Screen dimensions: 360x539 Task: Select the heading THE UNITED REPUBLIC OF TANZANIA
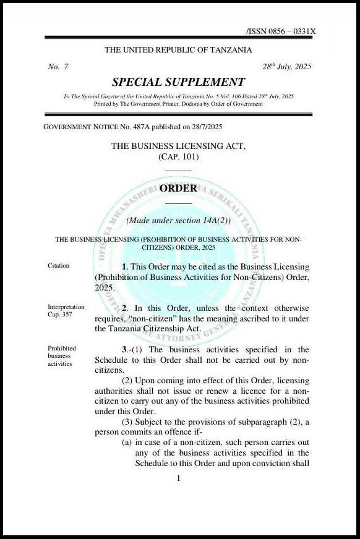tap(178, 50)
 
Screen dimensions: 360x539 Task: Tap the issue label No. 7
tap(58, 67)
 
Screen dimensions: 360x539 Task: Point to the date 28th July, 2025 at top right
tap(287, 67)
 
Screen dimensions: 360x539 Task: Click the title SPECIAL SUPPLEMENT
tap(178, 82)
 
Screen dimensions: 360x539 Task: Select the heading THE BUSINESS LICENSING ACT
tap(178, 146)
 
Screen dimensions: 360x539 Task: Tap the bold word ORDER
tap(178, 189)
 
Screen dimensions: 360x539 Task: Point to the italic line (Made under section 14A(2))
tap(178, 221)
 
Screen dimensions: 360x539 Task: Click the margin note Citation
tap(59, 266)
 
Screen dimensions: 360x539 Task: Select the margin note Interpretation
tap(66, 307)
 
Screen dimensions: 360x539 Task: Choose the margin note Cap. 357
tap(61, 315)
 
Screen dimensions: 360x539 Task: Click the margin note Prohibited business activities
tap(62, 356)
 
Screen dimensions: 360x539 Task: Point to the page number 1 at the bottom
tap(178, 478)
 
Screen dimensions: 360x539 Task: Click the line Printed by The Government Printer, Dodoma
tap(178, 104)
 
